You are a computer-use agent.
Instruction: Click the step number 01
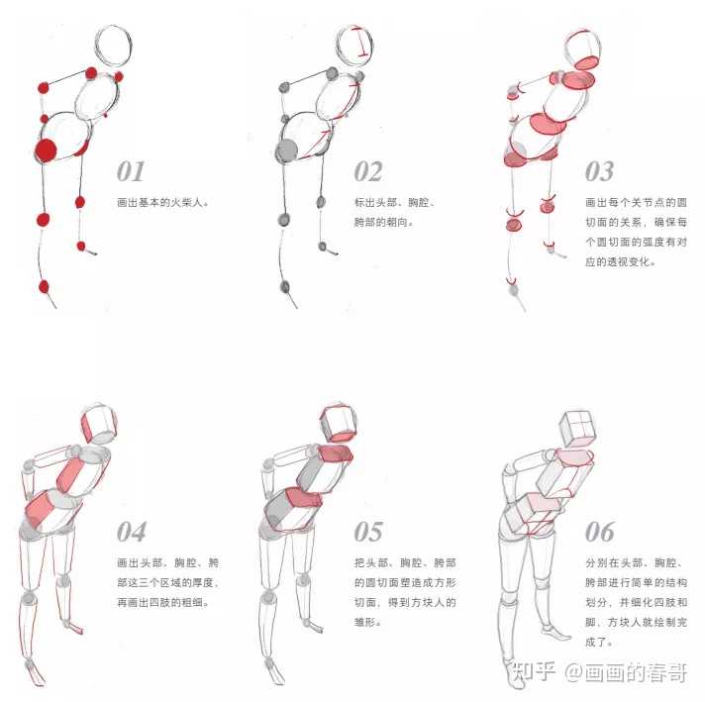(131, 171)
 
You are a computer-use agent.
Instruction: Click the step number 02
(368, 171)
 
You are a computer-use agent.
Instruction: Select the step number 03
(599, 171)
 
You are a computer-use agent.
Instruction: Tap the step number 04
(131, 532)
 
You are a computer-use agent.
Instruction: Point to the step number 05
(368, 532)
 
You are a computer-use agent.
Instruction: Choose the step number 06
(599, 532)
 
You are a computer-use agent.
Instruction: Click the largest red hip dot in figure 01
(46, 150)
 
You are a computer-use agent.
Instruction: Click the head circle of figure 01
(113, 26)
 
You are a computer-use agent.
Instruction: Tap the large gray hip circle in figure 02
(286, 150)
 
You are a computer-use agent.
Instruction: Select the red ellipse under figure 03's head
(587, 62)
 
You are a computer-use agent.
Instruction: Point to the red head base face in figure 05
(343, 436)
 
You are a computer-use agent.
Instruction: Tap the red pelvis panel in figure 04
(40, 510)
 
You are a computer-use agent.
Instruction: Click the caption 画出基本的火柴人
(162, 202)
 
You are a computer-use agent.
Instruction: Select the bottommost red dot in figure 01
(44, 286)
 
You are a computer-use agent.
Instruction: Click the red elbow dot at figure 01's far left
(44, 88)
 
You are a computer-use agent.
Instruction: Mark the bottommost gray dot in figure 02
(284, 286)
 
